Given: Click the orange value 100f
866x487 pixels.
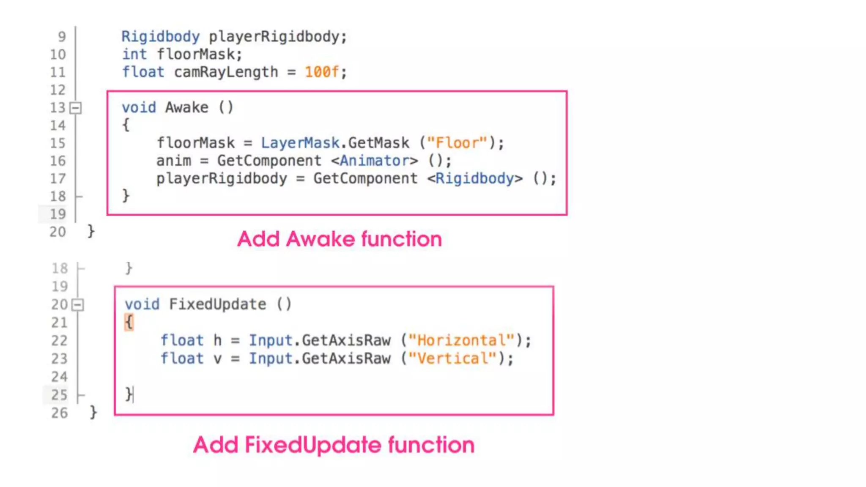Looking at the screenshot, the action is [322, 72].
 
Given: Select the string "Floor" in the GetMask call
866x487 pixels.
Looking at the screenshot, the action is [457, 143].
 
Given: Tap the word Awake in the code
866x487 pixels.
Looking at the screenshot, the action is [186, 107].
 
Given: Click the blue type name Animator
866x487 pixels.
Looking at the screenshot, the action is [374, 161].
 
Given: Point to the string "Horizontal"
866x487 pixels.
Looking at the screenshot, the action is [461, 340].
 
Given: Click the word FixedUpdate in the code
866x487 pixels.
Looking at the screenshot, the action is [217, 304].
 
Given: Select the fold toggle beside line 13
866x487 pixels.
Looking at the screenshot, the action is [76, 108].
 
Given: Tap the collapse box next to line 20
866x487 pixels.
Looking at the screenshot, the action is [78, 305].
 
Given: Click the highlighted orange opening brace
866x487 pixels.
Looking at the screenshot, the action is [129, 322].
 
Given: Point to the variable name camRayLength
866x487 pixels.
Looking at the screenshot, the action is [226, 72].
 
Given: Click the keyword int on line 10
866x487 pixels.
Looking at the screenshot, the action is [134, 54].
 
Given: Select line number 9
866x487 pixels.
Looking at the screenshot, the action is [62, 37].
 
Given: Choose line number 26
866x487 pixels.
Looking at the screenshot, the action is [59, 413].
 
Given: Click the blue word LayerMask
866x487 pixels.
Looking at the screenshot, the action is [300, 143].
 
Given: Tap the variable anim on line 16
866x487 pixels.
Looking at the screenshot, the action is [173, 161].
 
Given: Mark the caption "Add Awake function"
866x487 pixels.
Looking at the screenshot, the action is [340, 239].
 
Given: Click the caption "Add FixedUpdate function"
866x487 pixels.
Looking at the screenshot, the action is [334, 445].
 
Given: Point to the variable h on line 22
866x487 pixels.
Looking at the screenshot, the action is [217, 340].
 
